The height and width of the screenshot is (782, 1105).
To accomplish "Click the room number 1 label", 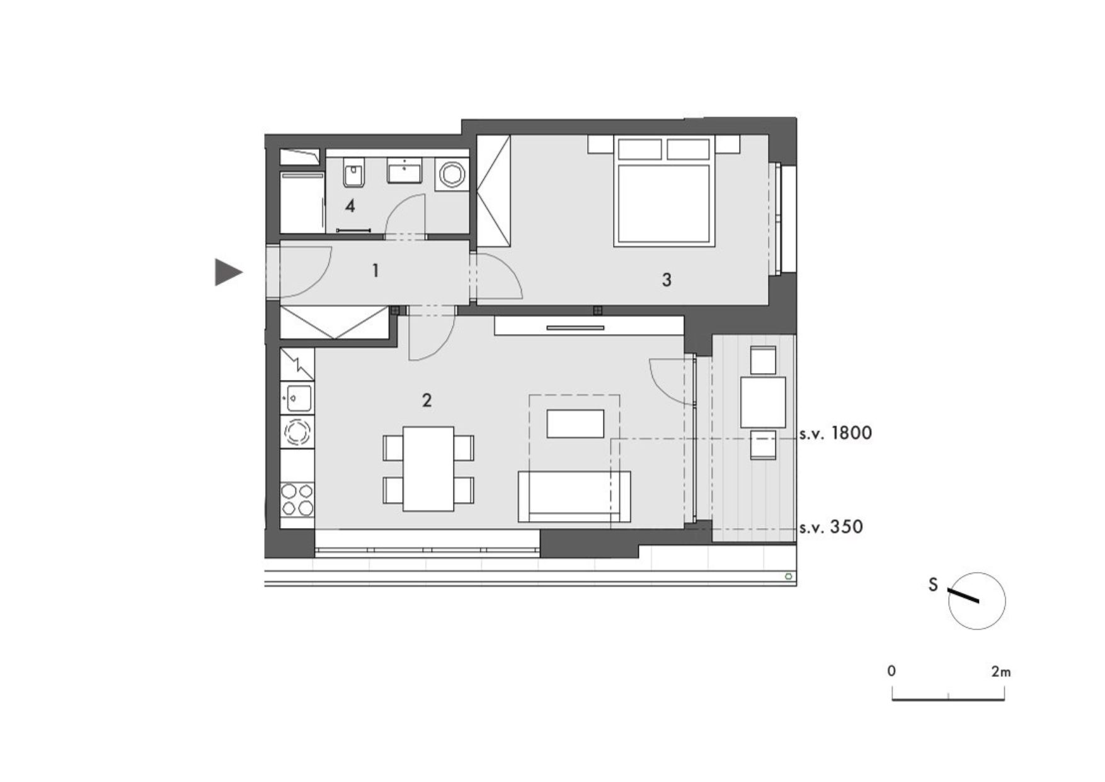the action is coord(375,271).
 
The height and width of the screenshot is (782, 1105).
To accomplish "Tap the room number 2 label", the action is coord(427,400).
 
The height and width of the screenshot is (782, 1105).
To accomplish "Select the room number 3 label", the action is coord(667,279).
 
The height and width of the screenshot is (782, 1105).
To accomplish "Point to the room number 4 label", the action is coord(350,205).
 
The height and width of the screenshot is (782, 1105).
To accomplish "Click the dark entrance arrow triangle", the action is coord(227,272).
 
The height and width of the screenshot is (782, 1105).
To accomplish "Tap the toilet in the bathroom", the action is coord(354,173).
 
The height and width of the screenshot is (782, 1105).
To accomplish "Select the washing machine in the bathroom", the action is coord(452,173).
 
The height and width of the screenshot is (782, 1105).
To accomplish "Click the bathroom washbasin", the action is coord(404,170).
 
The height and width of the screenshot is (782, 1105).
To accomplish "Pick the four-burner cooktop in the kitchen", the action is coord(297,499).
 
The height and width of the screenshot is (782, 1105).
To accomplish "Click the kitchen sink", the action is coord(297,398).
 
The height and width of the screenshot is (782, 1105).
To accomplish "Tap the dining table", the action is coord(428,469).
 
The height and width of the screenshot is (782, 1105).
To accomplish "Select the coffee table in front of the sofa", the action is coord(575,423).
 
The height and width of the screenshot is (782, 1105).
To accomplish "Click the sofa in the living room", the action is coord(574,497).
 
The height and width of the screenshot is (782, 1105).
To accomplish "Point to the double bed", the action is coord(665,191).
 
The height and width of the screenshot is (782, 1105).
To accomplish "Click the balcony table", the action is coord(763,402).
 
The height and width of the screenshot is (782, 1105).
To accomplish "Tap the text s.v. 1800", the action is coord(835,434).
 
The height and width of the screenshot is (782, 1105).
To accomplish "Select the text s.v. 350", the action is coord(831,527).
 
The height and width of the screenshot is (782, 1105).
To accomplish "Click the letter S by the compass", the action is coord(933,585).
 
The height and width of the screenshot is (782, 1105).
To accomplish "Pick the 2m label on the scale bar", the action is coord(1000,672).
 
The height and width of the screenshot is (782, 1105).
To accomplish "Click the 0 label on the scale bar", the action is coord(891,671).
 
